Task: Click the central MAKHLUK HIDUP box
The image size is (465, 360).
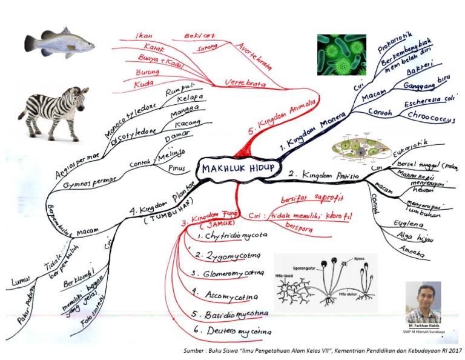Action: (x=237, y=167)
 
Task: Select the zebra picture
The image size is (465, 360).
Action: (x=53, y=112)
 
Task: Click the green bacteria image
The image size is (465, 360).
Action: (x=341, y=55)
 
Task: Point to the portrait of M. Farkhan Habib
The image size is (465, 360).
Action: (x=423, y=302)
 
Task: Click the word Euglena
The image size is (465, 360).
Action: (x=406, y=224)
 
